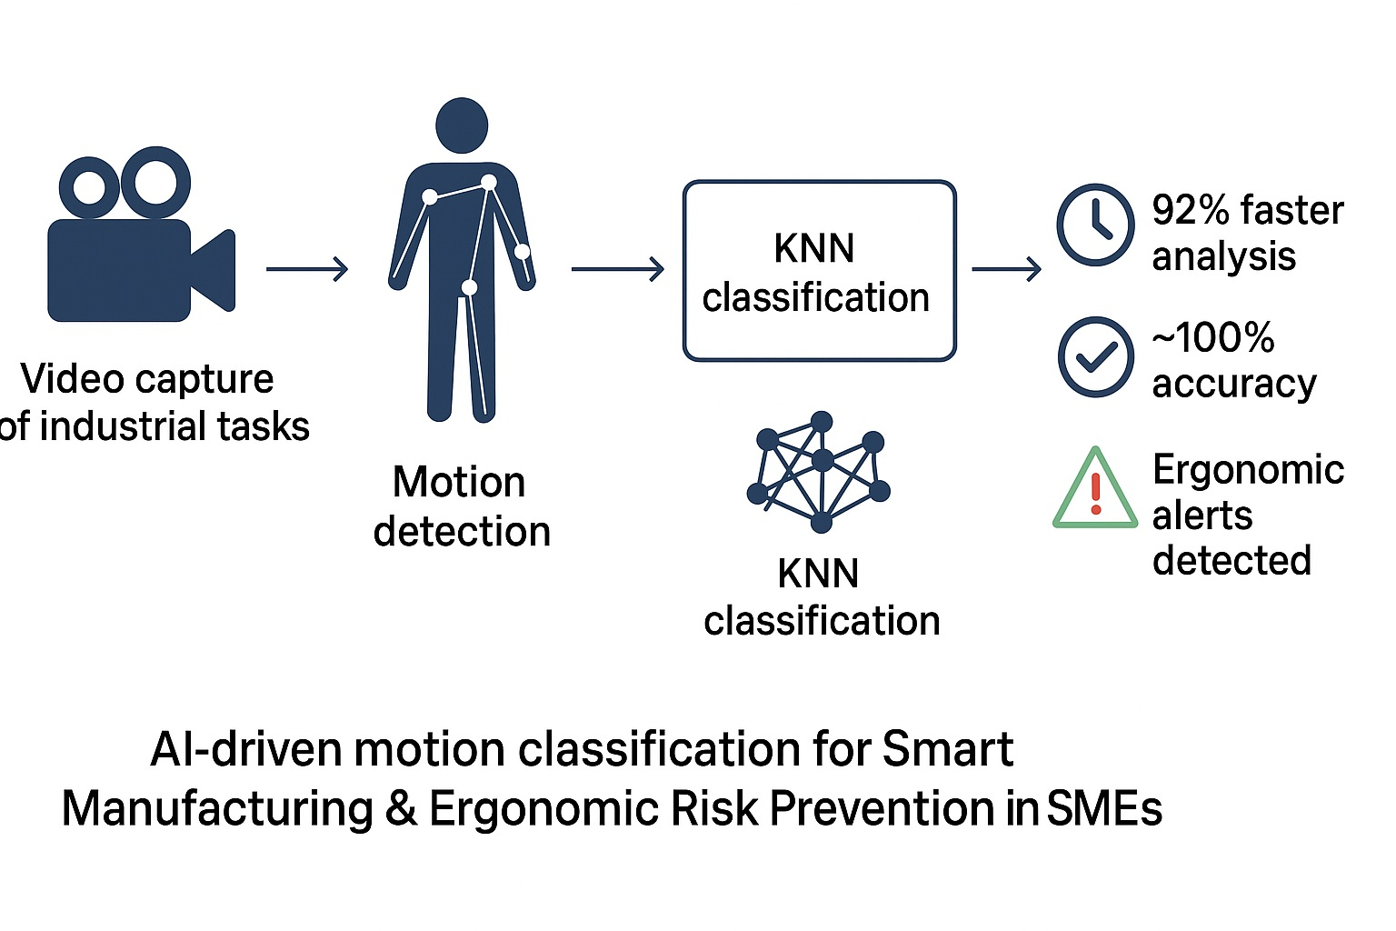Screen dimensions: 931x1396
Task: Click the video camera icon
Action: click(x=136, y=241)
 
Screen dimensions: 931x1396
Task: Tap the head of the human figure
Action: click(x=462, y=125)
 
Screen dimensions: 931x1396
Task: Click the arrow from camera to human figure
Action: click(x=307, y=269)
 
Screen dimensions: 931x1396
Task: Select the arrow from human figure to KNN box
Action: click(x=617, y=269)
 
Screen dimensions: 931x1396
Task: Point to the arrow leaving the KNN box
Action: click(x=1006, y=269)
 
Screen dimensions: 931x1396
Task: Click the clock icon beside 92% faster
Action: click(x=1095, y=225)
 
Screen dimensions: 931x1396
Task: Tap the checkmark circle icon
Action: click(x=1095, y=356)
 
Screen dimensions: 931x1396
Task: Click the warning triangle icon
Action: click(x=1095, y=491)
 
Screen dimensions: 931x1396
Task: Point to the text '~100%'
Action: click(x=1213, y=338)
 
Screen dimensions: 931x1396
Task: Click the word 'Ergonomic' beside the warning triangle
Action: click(x=1248, y=470)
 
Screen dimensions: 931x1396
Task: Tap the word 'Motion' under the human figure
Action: click(x=459, y=482)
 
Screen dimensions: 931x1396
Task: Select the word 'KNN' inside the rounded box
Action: click(x=814, y=248)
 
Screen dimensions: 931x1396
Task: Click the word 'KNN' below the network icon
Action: click(x=818, y=574)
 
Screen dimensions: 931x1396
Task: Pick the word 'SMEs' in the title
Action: click(x=1104, y=808)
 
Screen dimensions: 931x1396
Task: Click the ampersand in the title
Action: click(x=401, y=808)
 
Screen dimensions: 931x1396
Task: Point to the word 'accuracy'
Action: click(x=1233, y=384)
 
